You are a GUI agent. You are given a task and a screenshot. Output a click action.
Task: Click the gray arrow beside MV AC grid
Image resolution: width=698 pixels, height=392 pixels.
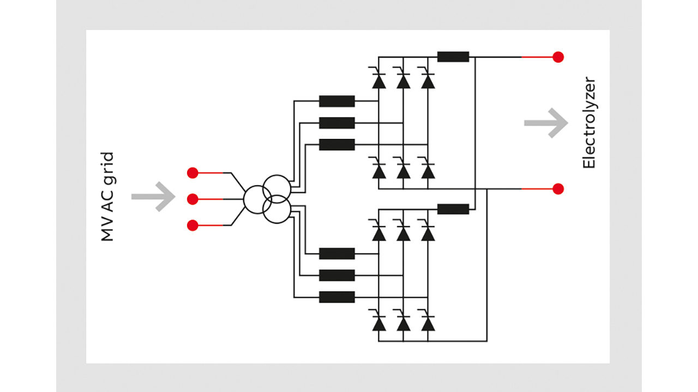(153, 197)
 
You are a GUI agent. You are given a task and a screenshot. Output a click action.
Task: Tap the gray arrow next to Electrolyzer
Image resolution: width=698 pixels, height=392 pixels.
(546, 123)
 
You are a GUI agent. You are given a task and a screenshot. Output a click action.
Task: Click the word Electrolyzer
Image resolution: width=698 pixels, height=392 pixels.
(589, 123)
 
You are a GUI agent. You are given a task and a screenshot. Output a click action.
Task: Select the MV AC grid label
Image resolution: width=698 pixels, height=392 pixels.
(107, 197)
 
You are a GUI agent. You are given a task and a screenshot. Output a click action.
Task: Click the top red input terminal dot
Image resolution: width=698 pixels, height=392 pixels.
(192, 173)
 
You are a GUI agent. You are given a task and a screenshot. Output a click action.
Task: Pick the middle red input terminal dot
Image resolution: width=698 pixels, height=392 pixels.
(192, 199)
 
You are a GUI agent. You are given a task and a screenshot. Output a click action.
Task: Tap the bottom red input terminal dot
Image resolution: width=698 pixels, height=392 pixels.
(192, 225)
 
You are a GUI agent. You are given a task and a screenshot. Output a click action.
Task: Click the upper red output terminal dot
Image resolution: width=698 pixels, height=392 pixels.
(558, 57)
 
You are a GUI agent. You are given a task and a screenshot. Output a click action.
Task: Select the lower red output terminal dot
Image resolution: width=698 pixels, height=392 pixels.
(558, 189)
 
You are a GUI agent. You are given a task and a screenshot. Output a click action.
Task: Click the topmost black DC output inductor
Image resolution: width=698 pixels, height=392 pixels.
(453, 57)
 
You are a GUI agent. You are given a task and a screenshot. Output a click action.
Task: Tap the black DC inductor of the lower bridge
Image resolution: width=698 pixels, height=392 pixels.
(453, 209)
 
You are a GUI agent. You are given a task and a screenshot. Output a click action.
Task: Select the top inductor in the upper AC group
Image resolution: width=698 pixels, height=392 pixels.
(337, 101)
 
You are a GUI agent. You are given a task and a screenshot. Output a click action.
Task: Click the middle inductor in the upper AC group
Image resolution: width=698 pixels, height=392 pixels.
(337, 123)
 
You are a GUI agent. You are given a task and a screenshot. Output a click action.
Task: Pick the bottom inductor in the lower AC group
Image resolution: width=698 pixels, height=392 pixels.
(337, 297)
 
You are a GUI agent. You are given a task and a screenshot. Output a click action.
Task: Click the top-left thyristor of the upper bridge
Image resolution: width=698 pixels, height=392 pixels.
(378, 79)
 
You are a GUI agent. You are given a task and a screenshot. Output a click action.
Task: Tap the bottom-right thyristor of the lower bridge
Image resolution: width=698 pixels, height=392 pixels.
(428, 322)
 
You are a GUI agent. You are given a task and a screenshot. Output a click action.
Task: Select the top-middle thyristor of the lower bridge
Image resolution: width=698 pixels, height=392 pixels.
(403, 232)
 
